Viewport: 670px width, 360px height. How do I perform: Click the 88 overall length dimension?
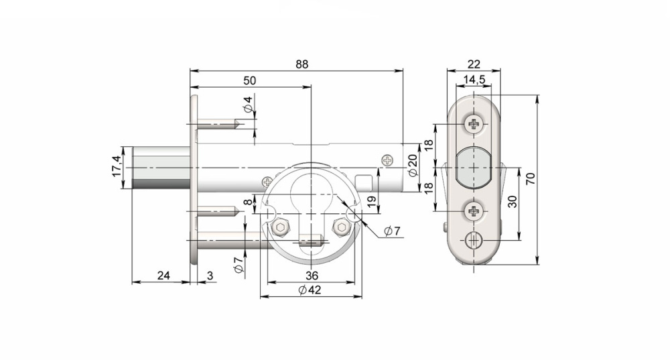coord(301,64)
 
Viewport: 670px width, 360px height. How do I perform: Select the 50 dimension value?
coord(249,80)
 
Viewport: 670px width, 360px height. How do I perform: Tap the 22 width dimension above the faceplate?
coord(474,64)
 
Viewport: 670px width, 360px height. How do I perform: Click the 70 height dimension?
coord(531,178)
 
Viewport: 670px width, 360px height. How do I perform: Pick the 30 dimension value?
coord(512,202)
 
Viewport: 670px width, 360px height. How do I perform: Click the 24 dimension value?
coord(163,275)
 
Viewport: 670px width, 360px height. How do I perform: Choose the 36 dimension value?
coord(311,276)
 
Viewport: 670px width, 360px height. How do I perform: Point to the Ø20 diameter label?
coord(413,164)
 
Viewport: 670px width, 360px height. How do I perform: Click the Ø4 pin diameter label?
coord(248,105)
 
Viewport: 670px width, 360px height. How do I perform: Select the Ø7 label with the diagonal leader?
coord(393,231)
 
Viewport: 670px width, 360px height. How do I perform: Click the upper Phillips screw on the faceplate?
coord(474,124)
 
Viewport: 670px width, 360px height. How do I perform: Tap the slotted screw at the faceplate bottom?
coord(474,239)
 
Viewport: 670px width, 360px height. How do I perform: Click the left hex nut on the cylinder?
coord(281,227)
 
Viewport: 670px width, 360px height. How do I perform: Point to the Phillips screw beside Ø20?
coord(387,160)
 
